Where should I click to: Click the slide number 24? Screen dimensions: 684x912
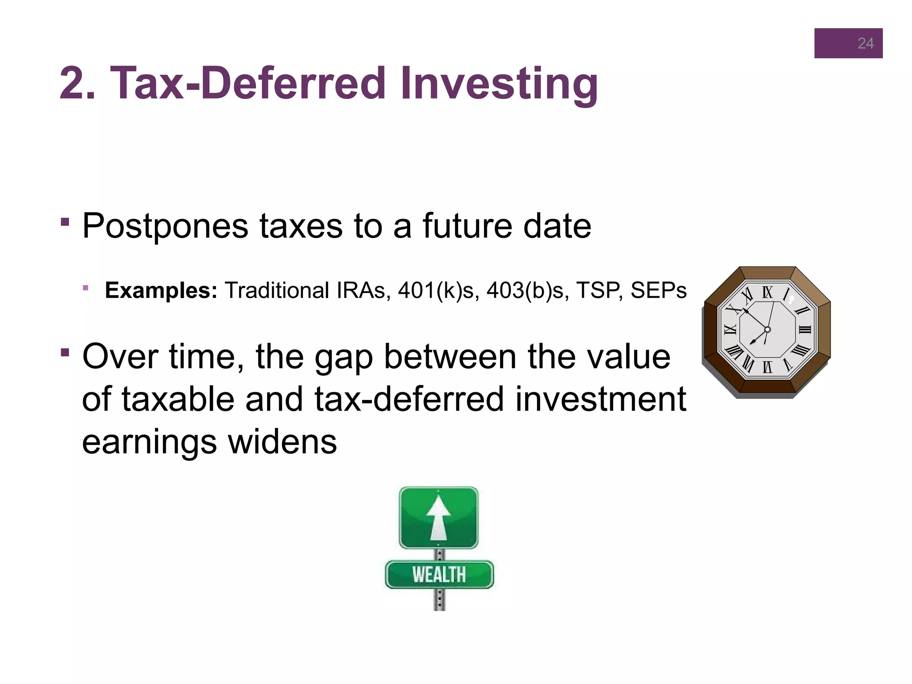click(865, 43)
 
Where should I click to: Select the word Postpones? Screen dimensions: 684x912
click(165, 226)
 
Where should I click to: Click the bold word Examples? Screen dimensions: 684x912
click(161, 290)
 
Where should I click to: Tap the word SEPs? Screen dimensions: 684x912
click(658, 290)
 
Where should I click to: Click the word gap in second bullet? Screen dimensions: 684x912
click(343, 357)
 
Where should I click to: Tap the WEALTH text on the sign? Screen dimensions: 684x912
click(439, 574)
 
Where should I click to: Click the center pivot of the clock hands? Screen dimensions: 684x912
click(767, 330)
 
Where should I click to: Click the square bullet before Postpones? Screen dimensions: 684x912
click(65, 221)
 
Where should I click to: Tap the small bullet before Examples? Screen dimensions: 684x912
click(85, 288)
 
